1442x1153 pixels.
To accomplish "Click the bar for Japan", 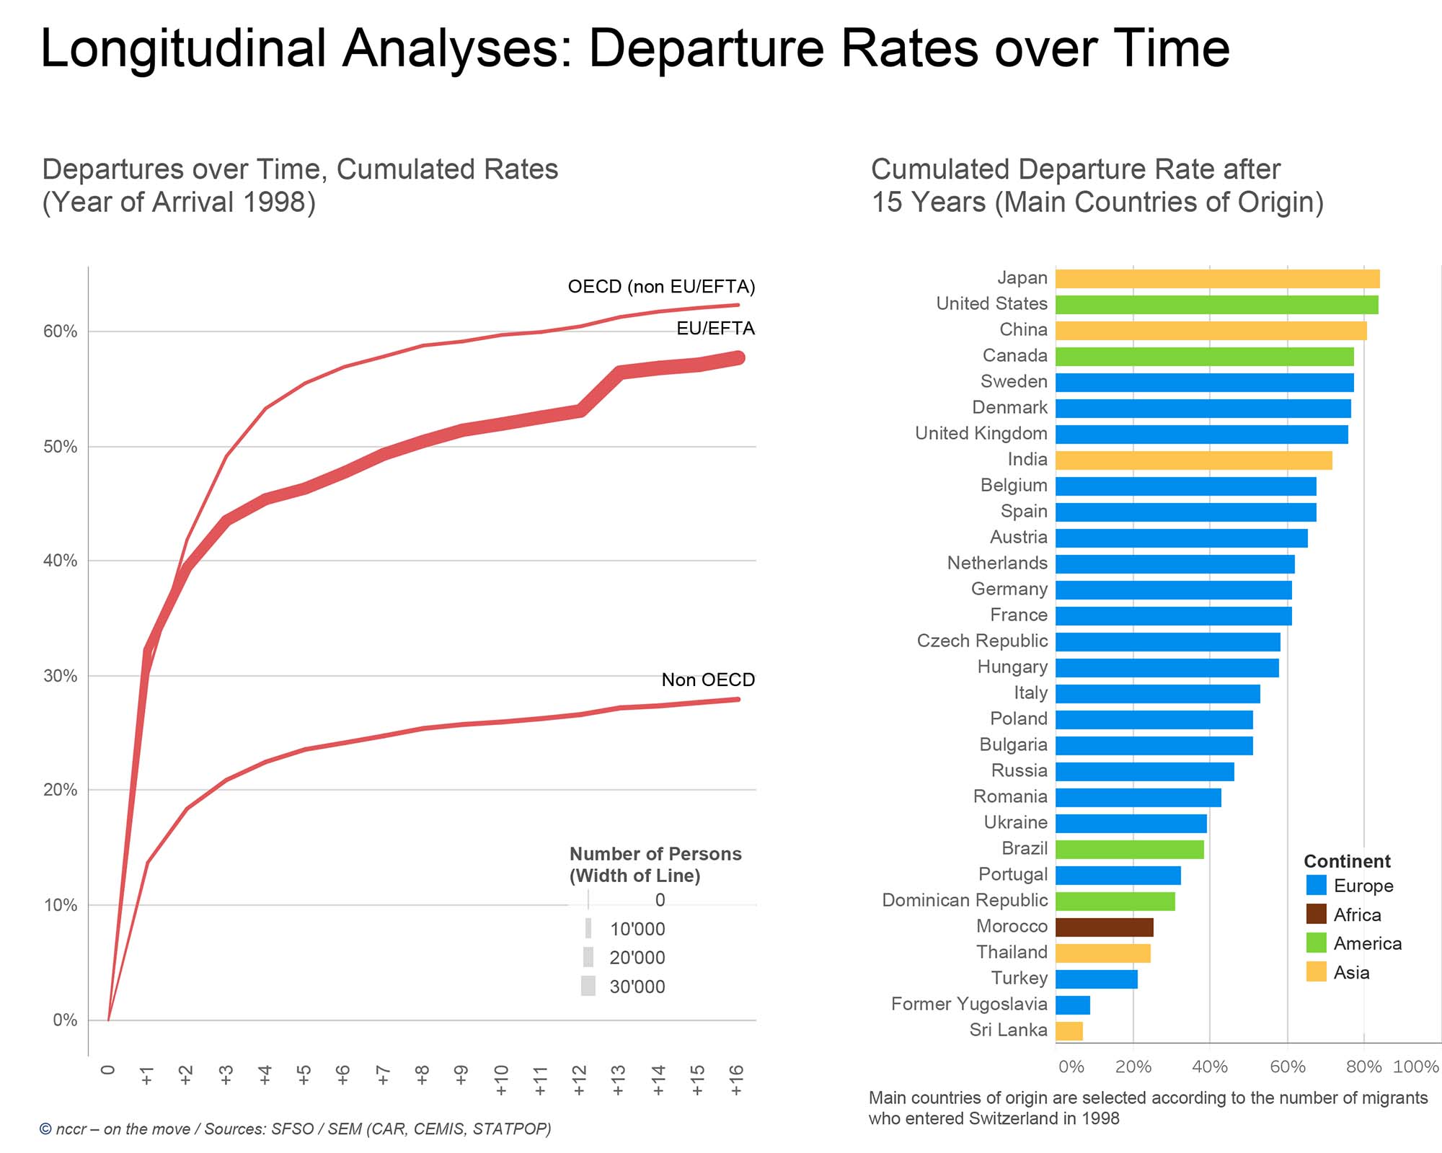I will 1217,279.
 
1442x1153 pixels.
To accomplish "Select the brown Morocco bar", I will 1104,927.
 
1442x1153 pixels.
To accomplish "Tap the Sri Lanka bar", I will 1069,1031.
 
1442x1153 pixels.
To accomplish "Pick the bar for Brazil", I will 1129,850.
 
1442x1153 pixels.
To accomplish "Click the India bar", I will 1193,460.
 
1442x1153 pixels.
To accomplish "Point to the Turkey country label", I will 1019,978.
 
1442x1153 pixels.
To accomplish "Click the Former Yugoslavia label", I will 968,1004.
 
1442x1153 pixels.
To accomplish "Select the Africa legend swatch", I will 1316,914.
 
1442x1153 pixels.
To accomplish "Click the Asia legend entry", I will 1350,972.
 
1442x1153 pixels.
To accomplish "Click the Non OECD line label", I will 708,680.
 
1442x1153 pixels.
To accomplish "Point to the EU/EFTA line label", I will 715,329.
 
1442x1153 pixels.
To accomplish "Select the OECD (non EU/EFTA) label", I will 661,287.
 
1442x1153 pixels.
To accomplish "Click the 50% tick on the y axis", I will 61,447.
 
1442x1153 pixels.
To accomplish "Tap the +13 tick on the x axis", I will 618,1079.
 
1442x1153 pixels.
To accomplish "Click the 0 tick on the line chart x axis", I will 108,1070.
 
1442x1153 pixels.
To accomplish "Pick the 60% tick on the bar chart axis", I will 1287,1067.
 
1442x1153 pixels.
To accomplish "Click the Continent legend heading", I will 1347,861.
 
